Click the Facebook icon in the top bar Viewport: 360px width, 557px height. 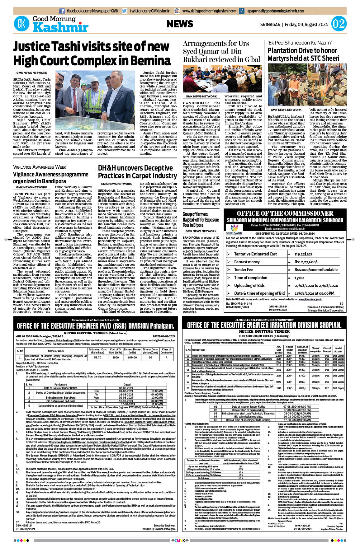[62, 11]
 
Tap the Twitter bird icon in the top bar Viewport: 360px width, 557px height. [125, 11]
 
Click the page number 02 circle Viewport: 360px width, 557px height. [339, 24]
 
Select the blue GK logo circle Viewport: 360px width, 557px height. [21, 24]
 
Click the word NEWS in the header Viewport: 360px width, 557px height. [180, 24]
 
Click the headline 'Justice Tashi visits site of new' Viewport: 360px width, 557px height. [91, 47]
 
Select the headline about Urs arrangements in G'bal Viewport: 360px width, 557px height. [221, 51]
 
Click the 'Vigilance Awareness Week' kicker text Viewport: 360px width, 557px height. [40, 167]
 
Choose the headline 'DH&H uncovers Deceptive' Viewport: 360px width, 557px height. [135, 168]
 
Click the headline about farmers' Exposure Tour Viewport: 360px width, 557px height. [201, 219]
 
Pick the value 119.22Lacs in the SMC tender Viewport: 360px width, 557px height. [303, 254]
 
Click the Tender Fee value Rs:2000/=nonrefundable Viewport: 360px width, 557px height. [316, 269]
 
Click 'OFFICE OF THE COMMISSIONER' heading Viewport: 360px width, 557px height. [285, 213]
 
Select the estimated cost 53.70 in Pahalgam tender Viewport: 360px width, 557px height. [97, 358]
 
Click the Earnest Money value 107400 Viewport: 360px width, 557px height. [132, 358]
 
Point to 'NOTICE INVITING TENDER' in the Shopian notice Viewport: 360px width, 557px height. [264, 331]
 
